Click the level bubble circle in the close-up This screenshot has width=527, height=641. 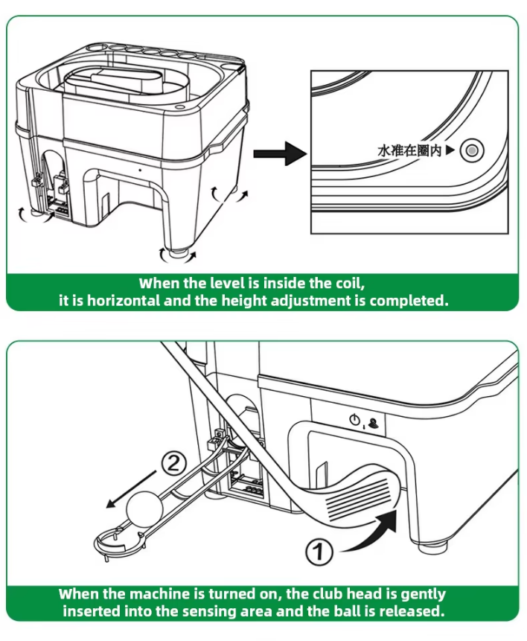coord(471,151)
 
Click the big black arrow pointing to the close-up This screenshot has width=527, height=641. coord(279,154)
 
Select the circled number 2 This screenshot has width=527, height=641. coord(173,465)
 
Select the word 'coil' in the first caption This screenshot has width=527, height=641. coord(346,284)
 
